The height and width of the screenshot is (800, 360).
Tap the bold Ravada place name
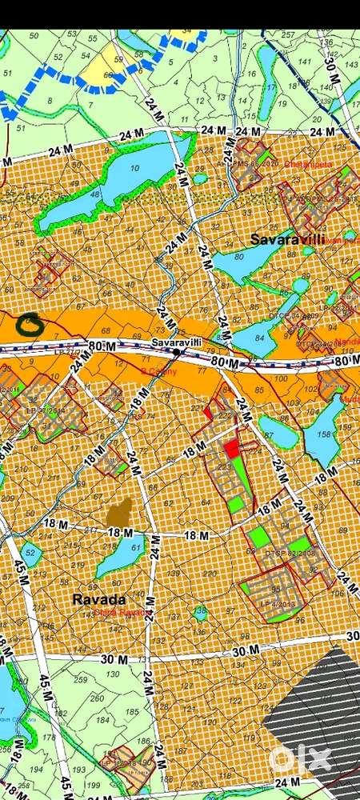coord(98,599)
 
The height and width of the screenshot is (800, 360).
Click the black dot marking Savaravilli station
coord(176,351)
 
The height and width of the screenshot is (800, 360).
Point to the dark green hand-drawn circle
coord(30,322)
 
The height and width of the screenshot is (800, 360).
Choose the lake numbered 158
coord(324,436)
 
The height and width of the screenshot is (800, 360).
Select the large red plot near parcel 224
coord(232,449)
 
